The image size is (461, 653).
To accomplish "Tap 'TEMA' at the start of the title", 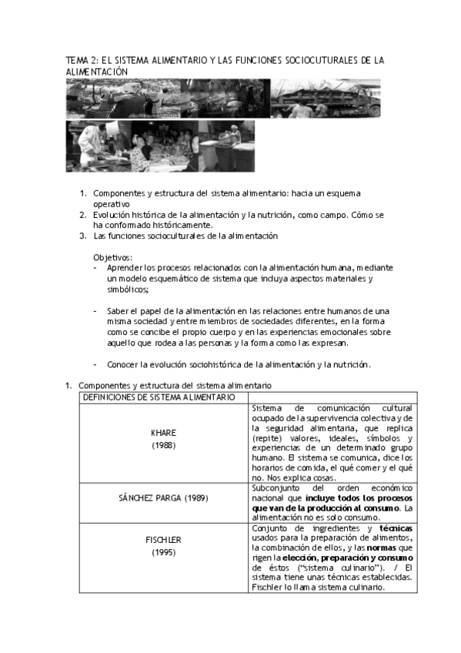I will (78, 60).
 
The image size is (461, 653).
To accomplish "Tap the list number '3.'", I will (83, 236).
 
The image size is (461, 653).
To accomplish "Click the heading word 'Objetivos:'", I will (114, 256).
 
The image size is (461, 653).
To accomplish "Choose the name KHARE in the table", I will (164, 432).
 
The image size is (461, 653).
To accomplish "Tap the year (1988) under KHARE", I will (164, 445).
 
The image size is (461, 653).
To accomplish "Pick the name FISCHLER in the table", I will (164, 539).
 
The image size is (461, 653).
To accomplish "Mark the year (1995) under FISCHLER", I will (164, 552).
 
